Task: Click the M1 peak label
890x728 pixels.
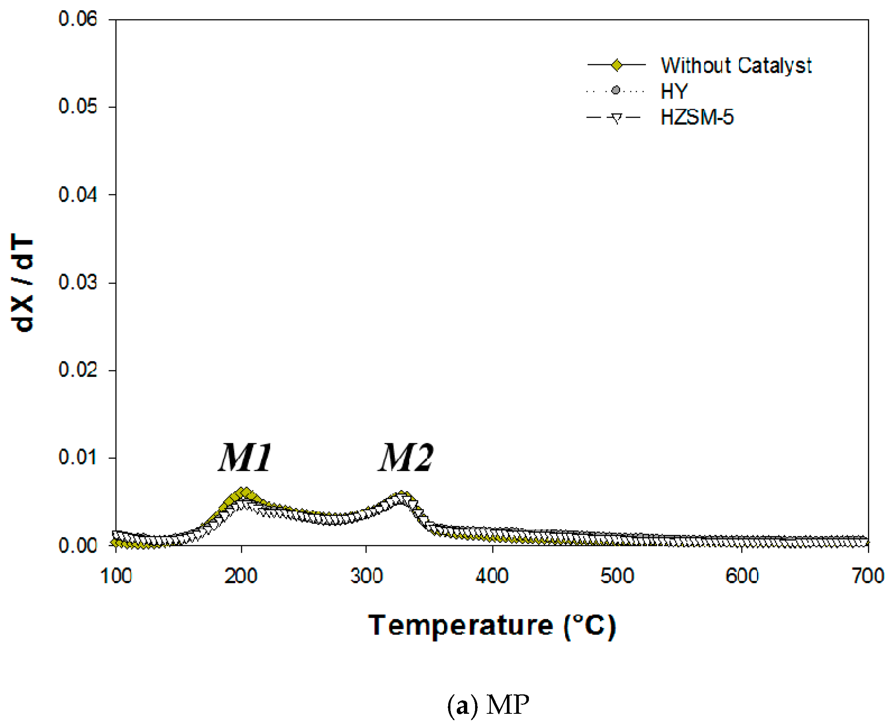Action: pos(245,457)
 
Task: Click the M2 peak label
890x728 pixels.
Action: pos(406,457)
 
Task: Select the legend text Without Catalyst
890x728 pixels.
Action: pos(736,65)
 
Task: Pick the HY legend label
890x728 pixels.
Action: pos(674,91)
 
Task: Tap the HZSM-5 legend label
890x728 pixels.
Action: pos(697,117)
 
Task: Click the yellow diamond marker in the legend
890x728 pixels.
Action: pos(616,65)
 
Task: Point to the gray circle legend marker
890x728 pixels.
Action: pos(616,90)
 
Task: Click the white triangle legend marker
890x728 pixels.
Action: pos(616,118)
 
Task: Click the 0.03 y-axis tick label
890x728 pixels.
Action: pos(78,282)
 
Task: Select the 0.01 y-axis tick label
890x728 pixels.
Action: pos(78,457)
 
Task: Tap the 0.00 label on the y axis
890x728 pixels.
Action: pos(78,546)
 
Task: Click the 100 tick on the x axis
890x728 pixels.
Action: pos(116,576)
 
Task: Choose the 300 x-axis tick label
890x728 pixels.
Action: pos(367,576)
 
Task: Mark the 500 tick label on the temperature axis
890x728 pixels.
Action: pos(617,576)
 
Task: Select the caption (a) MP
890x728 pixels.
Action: pos(488,705)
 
